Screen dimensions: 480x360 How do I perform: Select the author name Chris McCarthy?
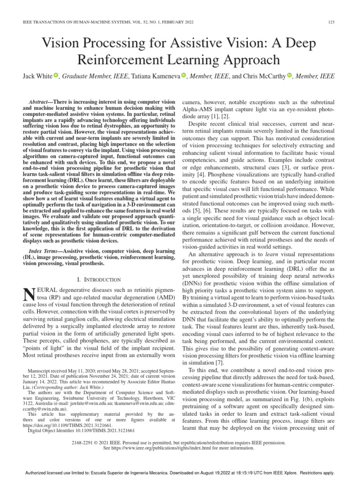(x=263, y=76)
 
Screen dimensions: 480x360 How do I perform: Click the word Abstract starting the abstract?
(x=42, y=101)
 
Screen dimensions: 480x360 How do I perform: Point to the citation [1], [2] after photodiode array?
(x=220, y=116)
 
